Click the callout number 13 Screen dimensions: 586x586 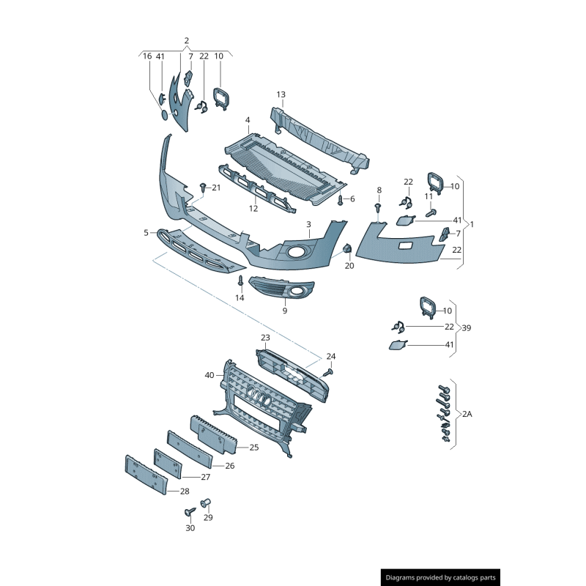tap(281, 94)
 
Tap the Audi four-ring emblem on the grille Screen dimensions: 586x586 tap(259, 397)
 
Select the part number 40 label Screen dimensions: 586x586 tap(209, 375)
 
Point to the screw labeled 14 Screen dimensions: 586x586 tap(240, 281)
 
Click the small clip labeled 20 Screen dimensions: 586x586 tap(349, 251)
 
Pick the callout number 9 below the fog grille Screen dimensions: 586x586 tap(285, 311)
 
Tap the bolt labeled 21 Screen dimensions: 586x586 tap(202, 188)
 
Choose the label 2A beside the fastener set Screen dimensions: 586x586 tap(467, 414)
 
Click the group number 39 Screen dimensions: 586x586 tap(467, 327)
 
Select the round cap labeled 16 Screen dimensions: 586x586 tap(163, 116)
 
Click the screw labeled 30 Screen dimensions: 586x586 tap(189, 512)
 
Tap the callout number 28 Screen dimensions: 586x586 tap(185, 492)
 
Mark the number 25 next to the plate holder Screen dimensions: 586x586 tap(253, 447)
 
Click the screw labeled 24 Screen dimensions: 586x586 tap(328, 372)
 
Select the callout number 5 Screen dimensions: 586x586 tap(146, 233)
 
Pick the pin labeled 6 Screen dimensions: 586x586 tap(341, 199)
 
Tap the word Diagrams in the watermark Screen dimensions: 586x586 tap(403, 578)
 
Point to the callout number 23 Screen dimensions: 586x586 tap(265, 338)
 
